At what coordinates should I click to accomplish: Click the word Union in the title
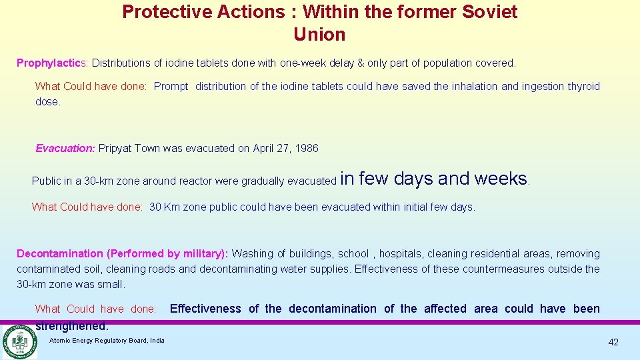pyautogui.click(x=319, y=34)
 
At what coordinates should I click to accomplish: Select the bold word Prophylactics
pyautogui.click(x=51, y=63)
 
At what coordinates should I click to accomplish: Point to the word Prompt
pyautogui.click(x=171, y=87)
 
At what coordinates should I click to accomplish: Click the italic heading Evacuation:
pyautogui.click(x=65, y=149)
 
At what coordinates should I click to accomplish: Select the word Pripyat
pyautogui.click(x=115, y=149)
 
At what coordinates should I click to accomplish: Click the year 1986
pyautogui.click(x=306, y=149)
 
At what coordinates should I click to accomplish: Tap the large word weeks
pyautogui.click(x=501, y=179)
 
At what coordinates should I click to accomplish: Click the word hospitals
pyautogui.click(x=400, y=254)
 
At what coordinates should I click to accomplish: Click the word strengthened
pyautogui.click(x=71, y=327)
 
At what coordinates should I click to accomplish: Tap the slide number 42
pyautogui.click(x=613, y=343)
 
